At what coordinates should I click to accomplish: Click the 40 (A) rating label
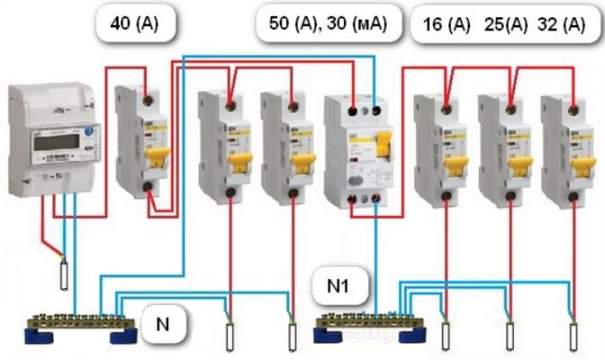[133, 24]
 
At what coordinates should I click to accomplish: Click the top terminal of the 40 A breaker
[146, 94]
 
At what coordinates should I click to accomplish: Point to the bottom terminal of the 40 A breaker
[146, 189]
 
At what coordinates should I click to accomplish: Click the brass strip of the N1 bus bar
[368, 320]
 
